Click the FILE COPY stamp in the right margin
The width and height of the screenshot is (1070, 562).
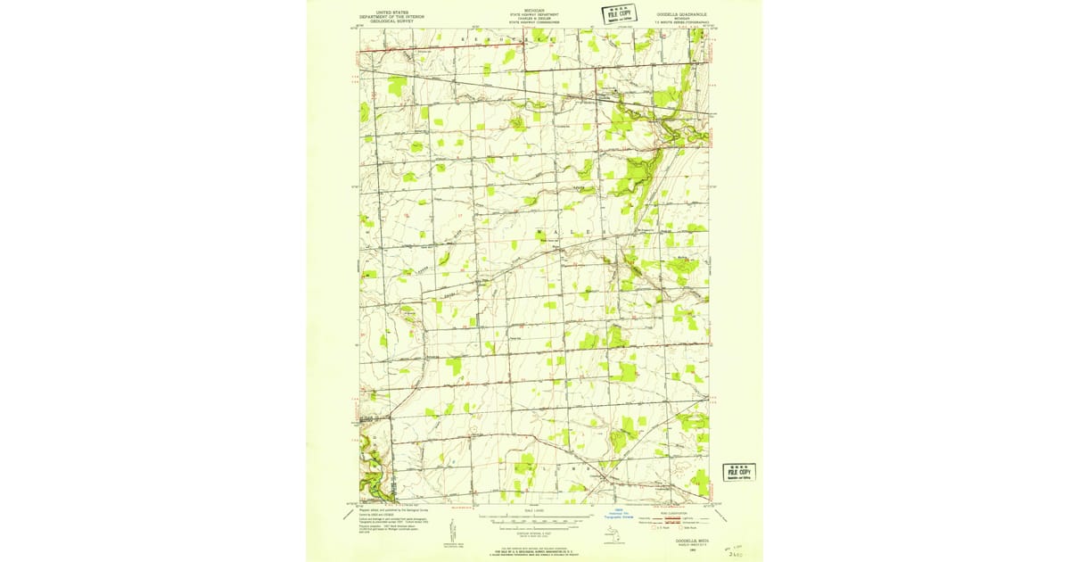(738, 472)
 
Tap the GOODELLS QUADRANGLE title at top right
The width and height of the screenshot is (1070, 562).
(683, 14)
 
